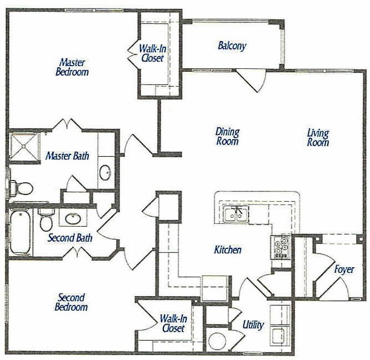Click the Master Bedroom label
coord(72,67)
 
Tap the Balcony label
coord(232,46)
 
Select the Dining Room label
coord(227,137)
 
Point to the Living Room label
coord(318,138)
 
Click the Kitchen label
coord(228,249)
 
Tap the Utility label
coord(253,325)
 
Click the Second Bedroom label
coord(72,302)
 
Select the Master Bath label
coord(67,156)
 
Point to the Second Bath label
coord(70,238)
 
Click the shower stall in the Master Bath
coord(24,146)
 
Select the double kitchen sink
coord(235,214)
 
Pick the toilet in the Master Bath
coord(23,187)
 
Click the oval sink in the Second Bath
coord(72,218)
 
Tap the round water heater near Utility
coord(217,341)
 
